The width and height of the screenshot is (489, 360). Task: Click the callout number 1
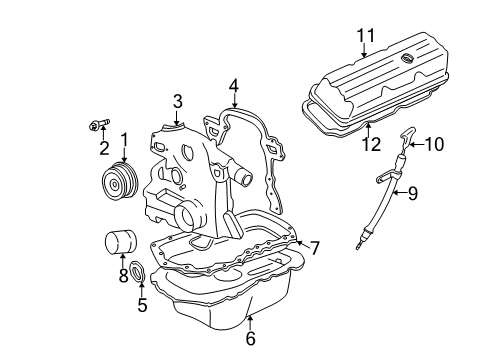tap(124, 141)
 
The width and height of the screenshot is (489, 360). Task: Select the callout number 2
tap(104, 148)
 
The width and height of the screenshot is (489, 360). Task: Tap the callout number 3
tap(177, 101)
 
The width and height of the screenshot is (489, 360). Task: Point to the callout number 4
tap(234, 86)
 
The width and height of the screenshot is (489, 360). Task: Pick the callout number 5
tap(142, 305)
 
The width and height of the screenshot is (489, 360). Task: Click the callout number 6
tap(250, 338)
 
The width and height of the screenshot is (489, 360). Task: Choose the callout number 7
tap(314, 248)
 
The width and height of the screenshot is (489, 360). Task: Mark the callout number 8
tap(123, 275)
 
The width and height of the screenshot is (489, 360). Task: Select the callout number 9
tap(413, 193)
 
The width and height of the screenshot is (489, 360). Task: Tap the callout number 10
tap(434, 144)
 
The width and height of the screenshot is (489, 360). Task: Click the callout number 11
tap(366, 35)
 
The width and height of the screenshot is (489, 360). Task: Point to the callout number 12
tap(371, 144)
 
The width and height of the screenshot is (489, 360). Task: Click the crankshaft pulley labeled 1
tap(120, 182)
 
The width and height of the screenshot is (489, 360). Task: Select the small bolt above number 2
tap(99, 124)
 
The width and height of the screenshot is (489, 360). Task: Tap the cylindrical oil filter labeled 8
tap(121, 241)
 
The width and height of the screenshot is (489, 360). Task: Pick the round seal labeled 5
tap(137, 271)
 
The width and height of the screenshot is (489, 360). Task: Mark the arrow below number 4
tap(234, 100)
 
